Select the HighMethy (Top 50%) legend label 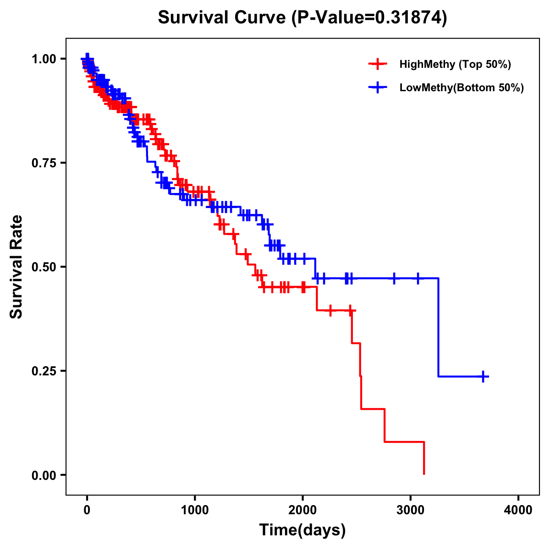[455, 64]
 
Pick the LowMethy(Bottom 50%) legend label [462, 88]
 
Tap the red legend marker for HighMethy [377, 64]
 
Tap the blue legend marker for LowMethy [377, 88]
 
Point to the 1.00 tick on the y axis [44, 59]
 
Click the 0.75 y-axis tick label [44, 163]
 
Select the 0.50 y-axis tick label [44, 267]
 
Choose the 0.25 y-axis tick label [44, 371]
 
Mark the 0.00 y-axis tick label [44, 475]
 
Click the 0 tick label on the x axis [87, 510]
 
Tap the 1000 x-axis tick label [195, 510]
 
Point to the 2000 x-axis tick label [302, 510]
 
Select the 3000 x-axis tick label [411, 510]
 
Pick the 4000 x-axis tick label [518, 510]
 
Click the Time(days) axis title [302, 530]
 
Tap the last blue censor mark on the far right [483, 376]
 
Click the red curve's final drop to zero [424, 458]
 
